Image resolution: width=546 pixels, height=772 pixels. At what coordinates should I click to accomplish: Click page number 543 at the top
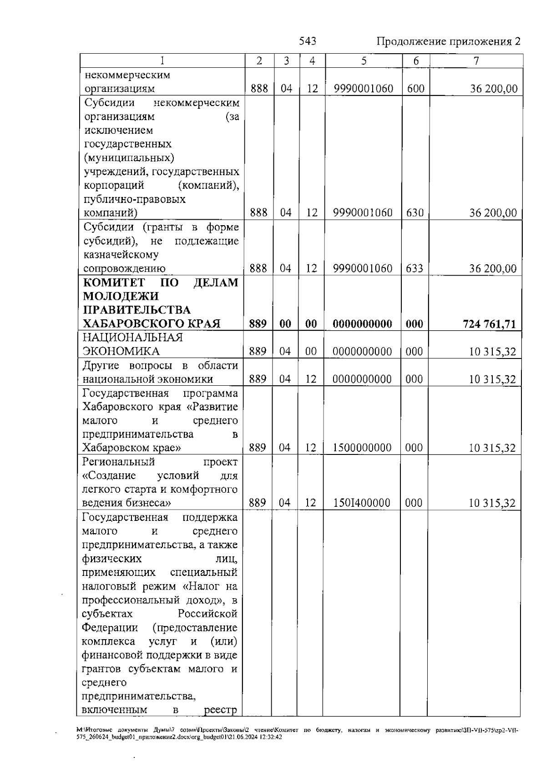308,41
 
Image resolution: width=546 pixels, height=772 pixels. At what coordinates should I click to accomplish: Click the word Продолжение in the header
411,42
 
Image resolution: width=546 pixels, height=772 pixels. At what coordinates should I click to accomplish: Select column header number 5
364,61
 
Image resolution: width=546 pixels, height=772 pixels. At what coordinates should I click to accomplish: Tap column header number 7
476,61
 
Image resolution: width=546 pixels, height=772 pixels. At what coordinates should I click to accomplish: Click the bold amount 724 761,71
490,324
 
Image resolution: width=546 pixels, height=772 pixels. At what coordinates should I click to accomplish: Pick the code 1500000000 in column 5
362,448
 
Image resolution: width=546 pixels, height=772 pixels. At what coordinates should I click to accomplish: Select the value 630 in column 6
415,213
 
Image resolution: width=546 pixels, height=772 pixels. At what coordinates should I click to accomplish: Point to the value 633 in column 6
415,268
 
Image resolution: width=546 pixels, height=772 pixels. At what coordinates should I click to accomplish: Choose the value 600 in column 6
415,89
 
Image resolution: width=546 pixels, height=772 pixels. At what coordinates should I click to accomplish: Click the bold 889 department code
258,324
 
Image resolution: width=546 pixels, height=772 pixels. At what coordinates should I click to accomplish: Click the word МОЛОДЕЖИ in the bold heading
121,297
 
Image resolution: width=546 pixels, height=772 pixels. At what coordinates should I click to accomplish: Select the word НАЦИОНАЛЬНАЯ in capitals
132,338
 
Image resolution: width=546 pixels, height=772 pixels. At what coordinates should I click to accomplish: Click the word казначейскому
121,255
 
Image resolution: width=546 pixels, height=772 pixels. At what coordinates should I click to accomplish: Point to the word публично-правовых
135,199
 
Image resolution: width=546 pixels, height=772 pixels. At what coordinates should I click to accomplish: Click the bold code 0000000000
362,324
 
